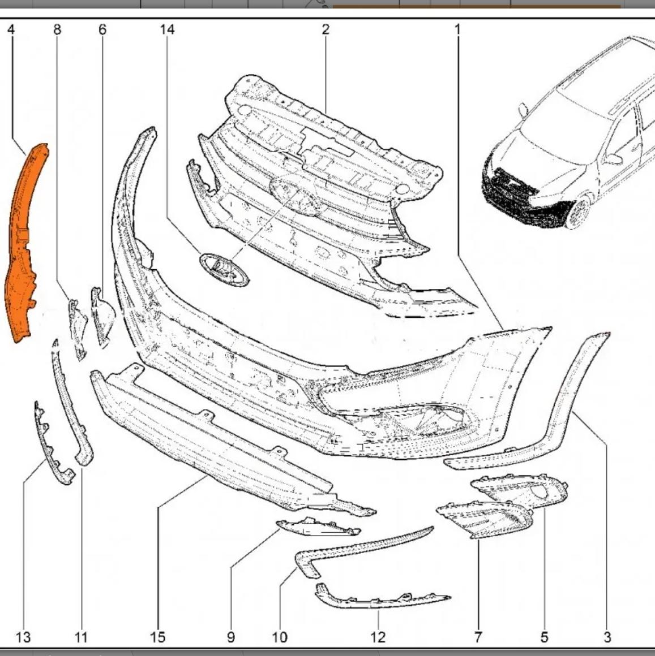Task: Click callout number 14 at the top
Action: coord(166,29)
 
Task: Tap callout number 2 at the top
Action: coord(326,29)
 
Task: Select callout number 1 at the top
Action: coord(457,29)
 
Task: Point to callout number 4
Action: coord(11,29)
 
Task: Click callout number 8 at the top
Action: coord(57,29)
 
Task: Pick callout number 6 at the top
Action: coord(102,29)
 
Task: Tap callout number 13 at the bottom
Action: coord(23,637)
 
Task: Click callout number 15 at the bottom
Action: coord(158,637)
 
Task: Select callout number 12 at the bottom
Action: coord(378,637)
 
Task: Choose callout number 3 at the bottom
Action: coord(607,637)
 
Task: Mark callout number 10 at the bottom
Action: coord(280,637)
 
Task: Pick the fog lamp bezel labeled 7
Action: coord(485,519)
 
